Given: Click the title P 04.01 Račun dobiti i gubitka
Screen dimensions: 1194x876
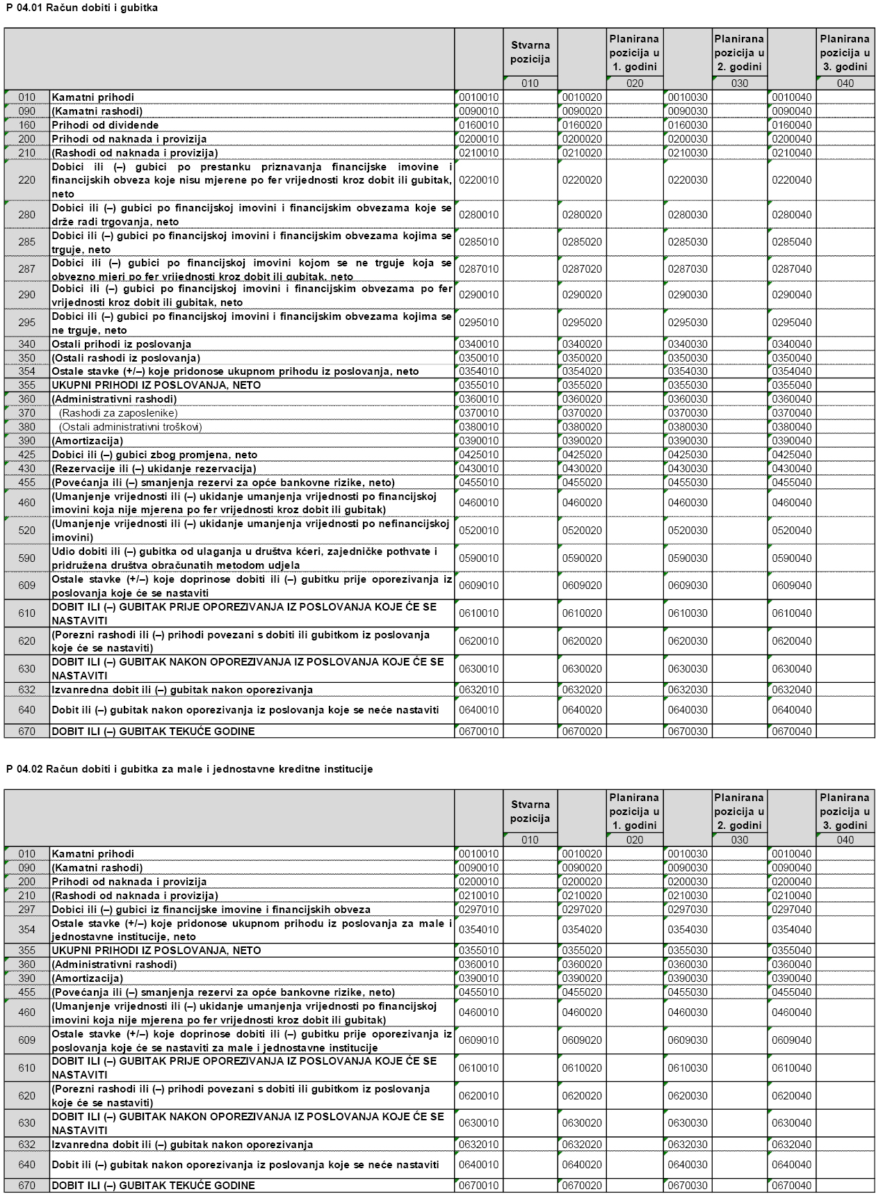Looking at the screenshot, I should pos(82,8).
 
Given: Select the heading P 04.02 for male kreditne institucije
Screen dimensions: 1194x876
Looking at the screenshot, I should pos(189,769).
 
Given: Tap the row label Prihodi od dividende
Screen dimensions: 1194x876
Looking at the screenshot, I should pos(105,125).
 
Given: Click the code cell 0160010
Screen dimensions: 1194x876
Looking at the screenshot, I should pos(478,125).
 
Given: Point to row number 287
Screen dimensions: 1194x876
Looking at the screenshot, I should pos(26,268).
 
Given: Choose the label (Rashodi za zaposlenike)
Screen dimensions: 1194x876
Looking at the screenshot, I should pos(118,413).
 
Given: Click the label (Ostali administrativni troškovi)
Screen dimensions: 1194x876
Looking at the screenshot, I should pos(131,427).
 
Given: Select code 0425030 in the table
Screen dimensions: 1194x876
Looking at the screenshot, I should pos(688,455).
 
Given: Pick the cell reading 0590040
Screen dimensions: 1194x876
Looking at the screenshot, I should pos(791,558).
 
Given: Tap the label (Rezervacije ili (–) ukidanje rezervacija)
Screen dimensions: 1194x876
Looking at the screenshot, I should pos(154,469).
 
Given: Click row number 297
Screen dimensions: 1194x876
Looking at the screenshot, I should pos(26,910).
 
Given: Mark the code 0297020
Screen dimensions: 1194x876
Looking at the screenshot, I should pos(582,910).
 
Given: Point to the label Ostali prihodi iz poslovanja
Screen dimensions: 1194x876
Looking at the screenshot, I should pos(121,344).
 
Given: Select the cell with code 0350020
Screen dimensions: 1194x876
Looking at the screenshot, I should pos(582,358).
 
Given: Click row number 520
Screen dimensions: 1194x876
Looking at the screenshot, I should pos(26,531).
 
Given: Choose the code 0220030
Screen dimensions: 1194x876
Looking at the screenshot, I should pos(688,180).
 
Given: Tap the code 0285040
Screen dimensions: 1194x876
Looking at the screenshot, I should pos(791,242).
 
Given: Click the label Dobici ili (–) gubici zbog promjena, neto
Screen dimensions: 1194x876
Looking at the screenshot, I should pos(154,455).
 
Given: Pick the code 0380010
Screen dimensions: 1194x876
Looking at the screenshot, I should pos(478,427).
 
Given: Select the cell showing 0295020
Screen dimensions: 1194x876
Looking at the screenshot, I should pos(582,323).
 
